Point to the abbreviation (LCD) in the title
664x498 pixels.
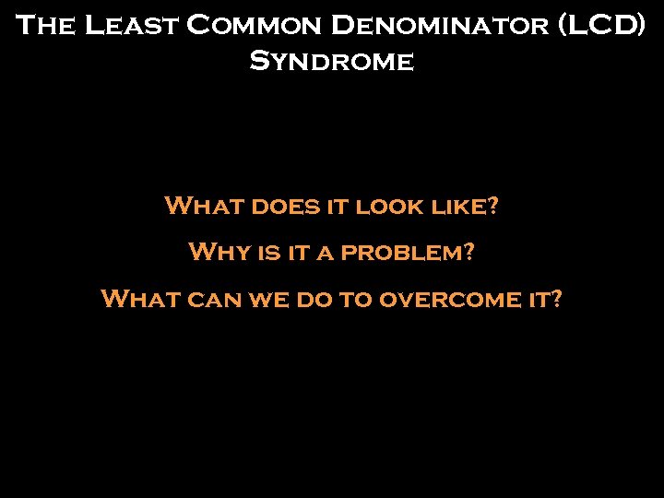tap(602, 25)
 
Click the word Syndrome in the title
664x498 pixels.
tap(331, 63)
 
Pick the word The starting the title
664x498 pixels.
tap(45, 25)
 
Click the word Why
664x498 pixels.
tap(218, 252)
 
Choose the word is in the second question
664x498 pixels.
tap(267, 252)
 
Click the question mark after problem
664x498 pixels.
tap(470, 252)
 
